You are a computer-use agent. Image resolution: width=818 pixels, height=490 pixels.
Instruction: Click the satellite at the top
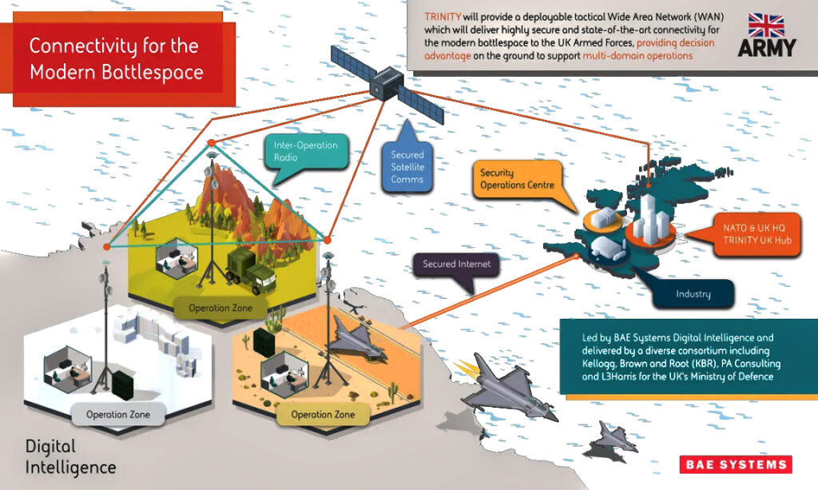(387, 84)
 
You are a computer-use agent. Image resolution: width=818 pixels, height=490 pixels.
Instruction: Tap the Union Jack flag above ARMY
(766, 26)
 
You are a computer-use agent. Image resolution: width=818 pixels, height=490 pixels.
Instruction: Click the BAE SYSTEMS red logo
(736, 464)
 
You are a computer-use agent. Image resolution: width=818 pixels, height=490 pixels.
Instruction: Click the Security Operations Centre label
(518, 179)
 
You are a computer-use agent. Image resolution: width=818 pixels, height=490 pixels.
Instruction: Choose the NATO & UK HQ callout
(757, 234)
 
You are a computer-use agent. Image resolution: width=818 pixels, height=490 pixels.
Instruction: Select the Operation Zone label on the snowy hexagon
(118, 415)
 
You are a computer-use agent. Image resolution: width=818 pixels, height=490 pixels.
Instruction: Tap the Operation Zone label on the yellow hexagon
(220, 309)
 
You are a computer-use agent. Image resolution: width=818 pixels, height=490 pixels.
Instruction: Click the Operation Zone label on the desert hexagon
(323, 415)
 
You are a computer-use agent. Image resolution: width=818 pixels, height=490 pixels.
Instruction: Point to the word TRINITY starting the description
(443, 17)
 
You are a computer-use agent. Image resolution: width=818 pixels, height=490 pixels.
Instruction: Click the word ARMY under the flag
(766, 48)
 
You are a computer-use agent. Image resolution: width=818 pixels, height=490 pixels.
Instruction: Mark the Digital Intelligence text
(71, 457)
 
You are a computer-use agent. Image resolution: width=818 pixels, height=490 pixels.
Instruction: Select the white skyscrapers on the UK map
(652, 219)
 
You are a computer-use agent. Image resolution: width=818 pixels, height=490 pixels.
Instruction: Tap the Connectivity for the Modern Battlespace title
(117, 59)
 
